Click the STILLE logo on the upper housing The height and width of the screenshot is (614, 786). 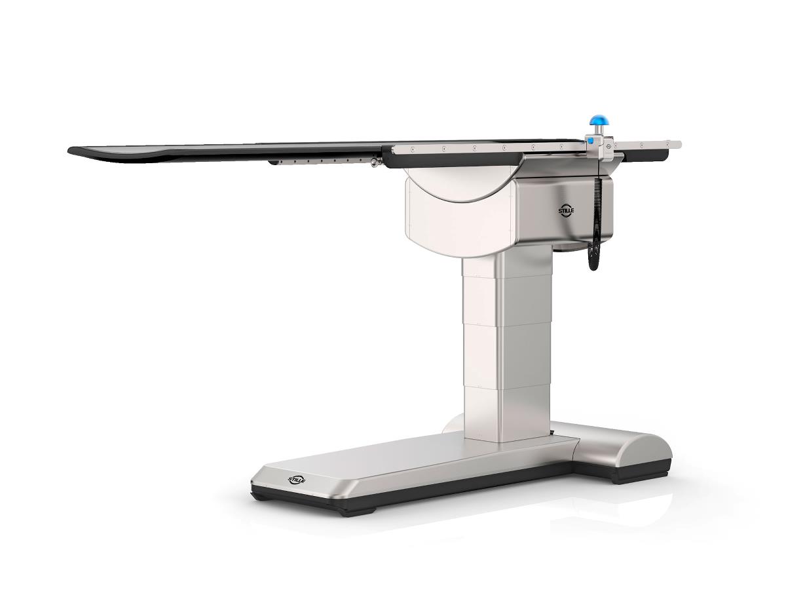566,211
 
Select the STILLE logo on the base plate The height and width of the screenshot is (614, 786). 297,480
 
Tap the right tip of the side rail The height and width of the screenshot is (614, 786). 679,145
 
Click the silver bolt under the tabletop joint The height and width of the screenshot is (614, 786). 373,164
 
